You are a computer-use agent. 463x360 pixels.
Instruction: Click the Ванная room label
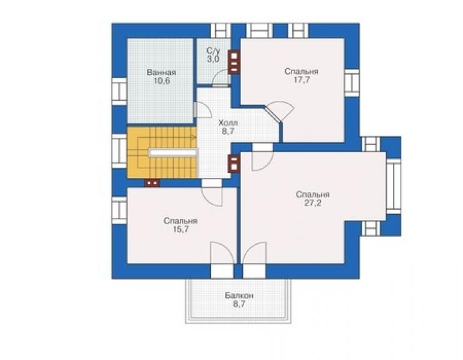tap(161, 73)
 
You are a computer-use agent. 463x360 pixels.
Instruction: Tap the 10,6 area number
tap(162, 81)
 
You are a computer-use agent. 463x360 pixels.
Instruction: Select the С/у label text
tap(213, 51)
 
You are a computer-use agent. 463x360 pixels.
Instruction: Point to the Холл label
tap(228, 123)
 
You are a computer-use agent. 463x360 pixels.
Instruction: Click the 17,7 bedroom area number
tap(302, 80)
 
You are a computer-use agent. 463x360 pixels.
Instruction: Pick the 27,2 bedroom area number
tap(313, 203)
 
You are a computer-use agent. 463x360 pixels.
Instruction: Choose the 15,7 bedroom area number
tap(181, 229)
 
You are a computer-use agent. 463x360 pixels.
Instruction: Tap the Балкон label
tap(239, 296)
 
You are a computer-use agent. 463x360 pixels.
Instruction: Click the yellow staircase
tap(162, 153)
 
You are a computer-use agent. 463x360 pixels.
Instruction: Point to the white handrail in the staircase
tap(173, 153)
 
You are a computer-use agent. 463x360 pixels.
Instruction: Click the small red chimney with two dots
tap(152, 183)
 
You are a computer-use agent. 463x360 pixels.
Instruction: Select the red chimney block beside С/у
tap(234, 63)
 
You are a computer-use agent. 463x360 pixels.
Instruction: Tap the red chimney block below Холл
tap(234, 163)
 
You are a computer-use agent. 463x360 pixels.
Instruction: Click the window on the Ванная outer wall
tap(120, 91)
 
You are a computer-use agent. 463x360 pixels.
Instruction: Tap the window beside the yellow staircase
tap(120, 152)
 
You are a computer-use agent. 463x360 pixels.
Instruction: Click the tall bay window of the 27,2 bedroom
tap(394, 186)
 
